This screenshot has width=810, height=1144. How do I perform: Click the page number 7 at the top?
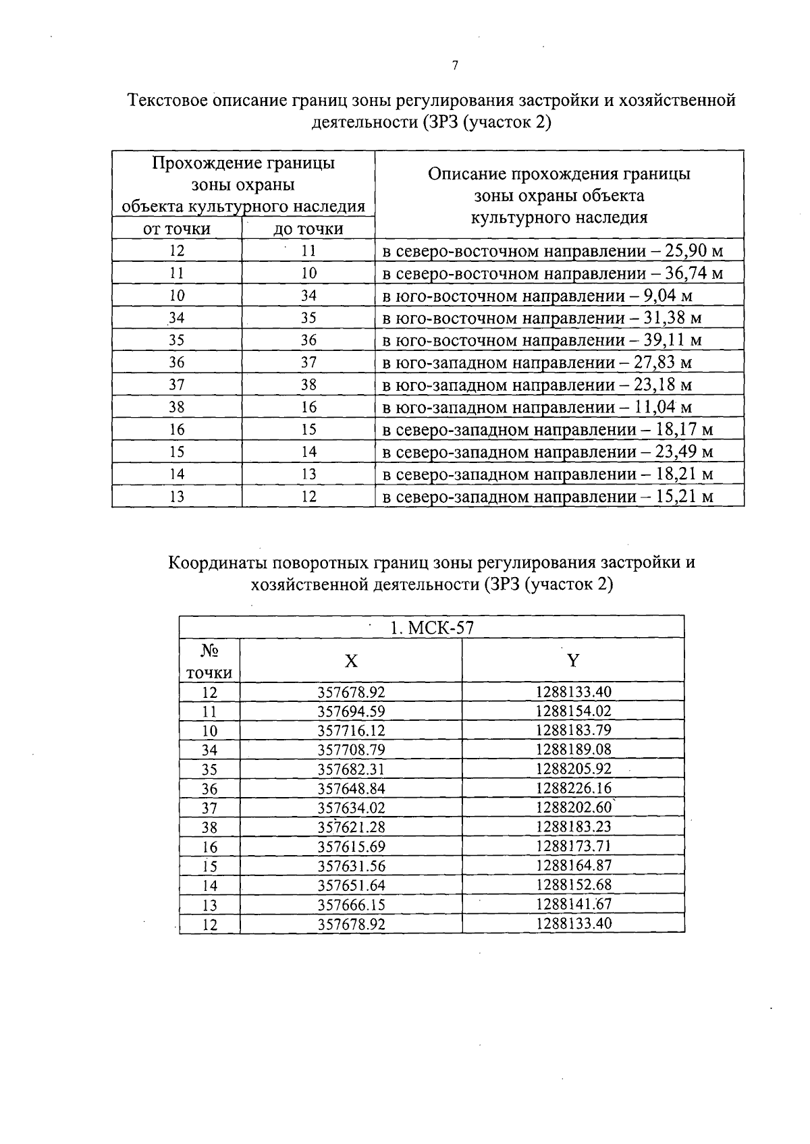454,65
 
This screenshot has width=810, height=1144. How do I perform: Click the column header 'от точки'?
177,229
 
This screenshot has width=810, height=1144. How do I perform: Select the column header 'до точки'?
308,229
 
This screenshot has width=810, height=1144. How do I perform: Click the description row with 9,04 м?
537,296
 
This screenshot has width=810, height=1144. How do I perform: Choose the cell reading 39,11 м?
672,340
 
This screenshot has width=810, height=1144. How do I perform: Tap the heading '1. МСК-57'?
432,628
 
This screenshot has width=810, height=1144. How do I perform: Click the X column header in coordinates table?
351,660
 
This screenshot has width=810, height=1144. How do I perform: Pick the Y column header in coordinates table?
573,660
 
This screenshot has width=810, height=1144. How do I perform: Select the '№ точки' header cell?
209,661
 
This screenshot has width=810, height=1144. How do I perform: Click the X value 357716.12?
351,731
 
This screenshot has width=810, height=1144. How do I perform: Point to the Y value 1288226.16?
573,788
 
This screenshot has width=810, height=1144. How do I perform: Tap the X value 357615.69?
351,846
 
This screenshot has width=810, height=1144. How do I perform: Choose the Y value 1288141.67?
573,904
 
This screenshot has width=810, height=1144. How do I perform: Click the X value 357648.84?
351,788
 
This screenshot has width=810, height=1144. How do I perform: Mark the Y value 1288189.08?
573,750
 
